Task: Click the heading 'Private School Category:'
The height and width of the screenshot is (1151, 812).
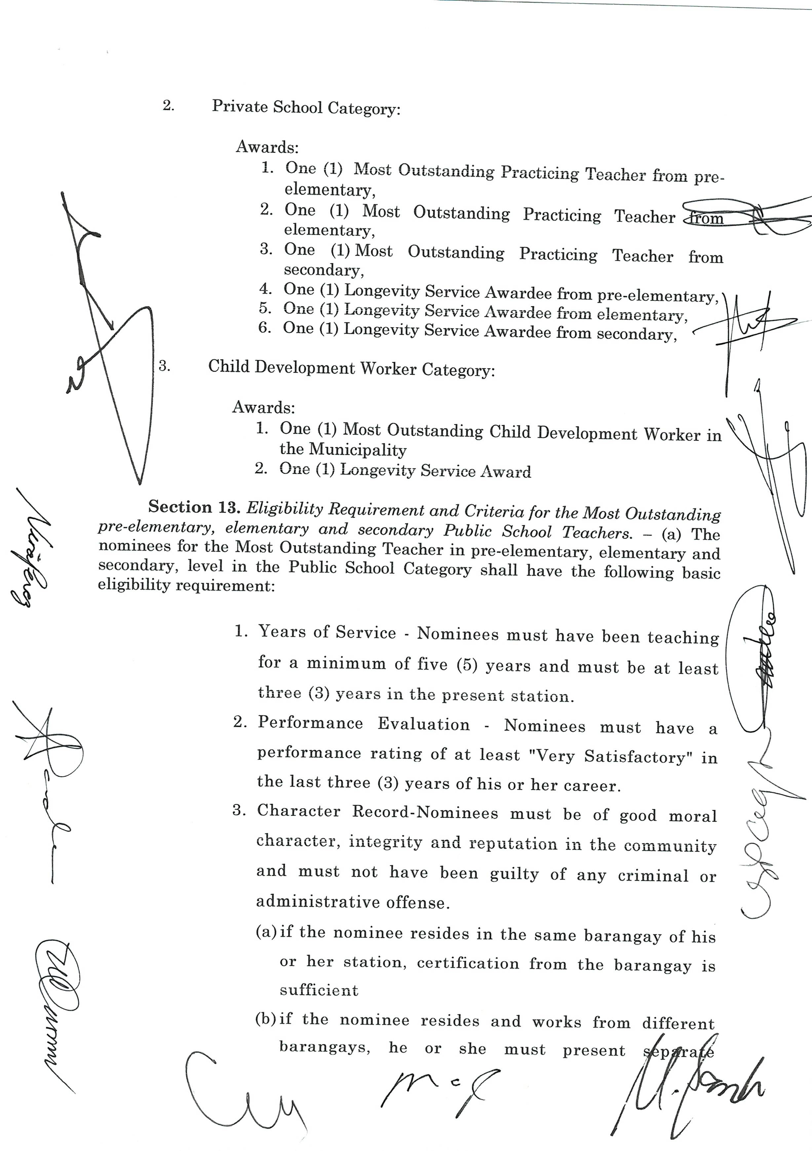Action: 306,107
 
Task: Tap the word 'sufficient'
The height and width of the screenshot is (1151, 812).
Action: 319,990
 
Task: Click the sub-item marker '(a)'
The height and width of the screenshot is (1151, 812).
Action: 266,932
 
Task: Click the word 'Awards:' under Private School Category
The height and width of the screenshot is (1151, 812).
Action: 267,147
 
